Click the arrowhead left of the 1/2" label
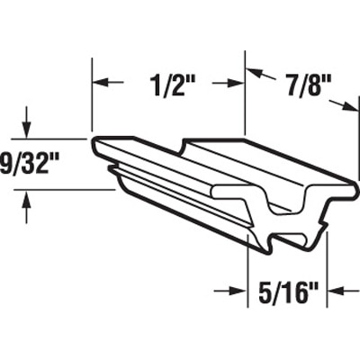[101, 82]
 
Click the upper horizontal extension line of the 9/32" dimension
[54, 139]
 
